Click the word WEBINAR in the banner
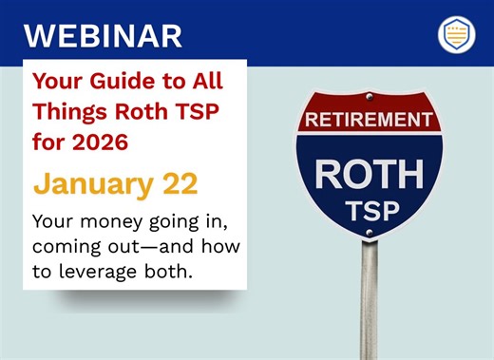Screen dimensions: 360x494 tap(102, 35)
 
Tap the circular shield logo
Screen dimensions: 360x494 tap(456, 34)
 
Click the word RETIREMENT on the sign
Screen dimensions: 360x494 tap(370, 121)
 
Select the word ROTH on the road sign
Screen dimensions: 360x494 tap(370, 175)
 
